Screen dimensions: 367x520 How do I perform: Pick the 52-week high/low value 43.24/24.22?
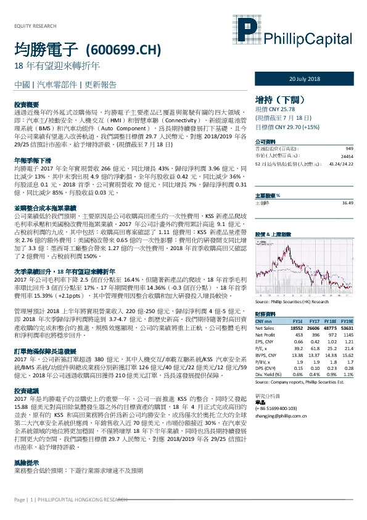341,164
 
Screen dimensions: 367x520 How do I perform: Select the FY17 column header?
313,322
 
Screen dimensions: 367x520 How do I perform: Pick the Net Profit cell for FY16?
298,334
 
